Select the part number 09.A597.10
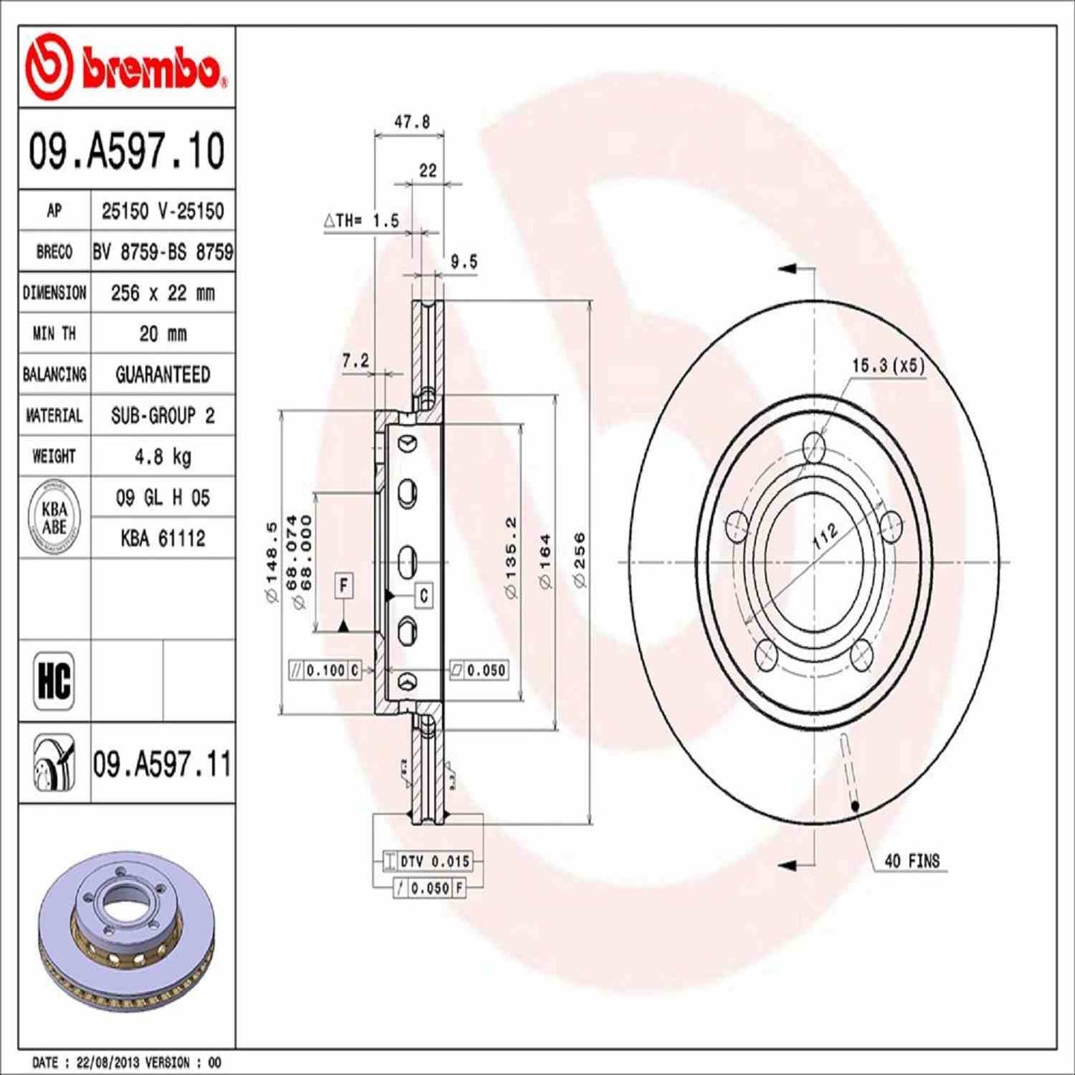pyautogui.click(x=126, y=151)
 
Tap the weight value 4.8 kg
pyautogui.click(x=162, y=456)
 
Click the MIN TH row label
pyautogui.click(x=54, y=334)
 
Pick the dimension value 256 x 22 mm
pyautogui.click(x=162, y=293)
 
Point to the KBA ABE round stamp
pyautogui.click(x=54, y=518)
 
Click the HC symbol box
pyautogui.click(x=54, y=680)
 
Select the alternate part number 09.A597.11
pyautogui.click(x=162, y=764)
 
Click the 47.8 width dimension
pyautogui.click(x=411, y=122)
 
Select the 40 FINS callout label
pyautogui.click(x=911, y=861)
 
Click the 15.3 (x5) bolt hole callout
pyautogui.click(x=888, y=365)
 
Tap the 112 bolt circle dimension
pyautogui.click(x=825, y=535)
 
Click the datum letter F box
pyautogui.click(x=343, y=585)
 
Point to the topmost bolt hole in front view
pyautogui.click(x=815, y=449)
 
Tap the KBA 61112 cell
pyautogui.click(x=162, y=538)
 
